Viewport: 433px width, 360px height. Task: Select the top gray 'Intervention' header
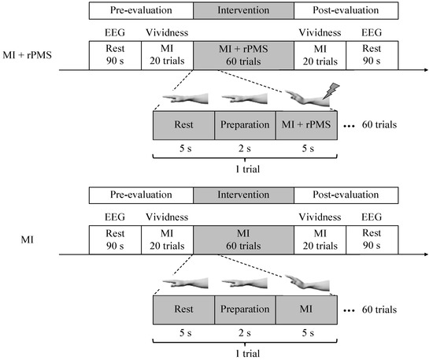tap(243, 12)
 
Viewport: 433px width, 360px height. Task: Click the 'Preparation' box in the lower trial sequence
tap(245, 309)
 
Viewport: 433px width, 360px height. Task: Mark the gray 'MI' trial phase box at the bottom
tap(306, 309)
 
